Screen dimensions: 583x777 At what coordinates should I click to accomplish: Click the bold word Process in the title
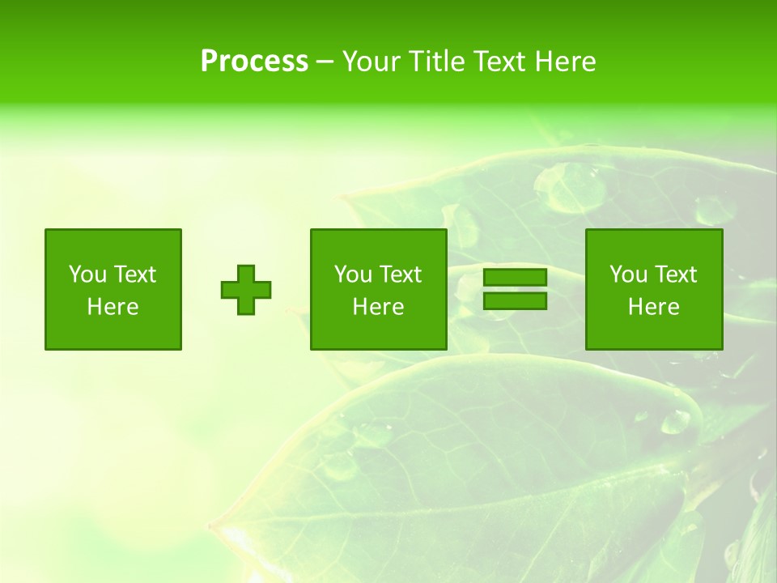click(x=254, y=62)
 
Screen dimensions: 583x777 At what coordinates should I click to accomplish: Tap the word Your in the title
click(x=372, y=62)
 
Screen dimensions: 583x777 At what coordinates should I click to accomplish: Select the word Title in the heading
click(x=435, y=62)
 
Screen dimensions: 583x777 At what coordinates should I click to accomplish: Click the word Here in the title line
click(x=563, y=62)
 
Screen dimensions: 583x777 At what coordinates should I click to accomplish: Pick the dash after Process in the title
click(x=325, y=62)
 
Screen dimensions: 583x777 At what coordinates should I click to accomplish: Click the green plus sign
click(x=246, y=290)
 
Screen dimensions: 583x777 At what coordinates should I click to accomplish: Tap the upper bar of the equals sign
click(x=515, y=278)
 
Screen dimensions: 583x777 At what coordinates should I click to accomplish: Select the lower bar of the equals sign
click(x=515, y=301)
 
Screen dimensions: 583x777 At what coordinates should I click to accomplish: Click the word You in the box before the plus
click(x=87, y=274)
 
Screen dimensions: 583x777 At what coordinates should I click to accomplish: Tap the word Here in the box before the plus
click(x=113, y=307)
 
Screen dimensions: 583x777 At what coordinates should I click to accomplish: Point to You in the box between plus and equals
click(x=353, y=274)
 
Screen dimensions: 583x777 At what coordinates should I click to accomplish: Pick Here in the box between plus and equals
click(x=378, y=307)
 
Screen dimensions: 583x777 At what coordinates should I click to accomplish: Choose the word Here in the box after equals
click(x=653, y=307)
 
